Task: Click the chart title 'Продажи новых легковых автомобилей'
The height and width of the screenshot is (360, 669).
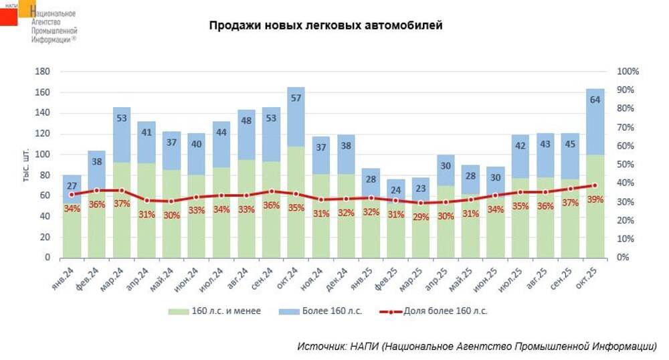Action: point(325,26)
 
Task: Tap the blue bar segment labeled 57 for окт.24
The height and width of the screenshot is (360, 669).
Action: point(296,114)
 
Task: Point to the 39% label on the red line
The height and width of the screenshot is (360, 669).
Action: point(595,199)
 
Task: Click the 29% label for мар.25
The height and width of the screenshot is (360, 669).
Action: point(420,217)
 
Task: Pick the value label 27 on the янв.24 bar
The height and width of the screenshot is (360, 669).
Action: point(72,187)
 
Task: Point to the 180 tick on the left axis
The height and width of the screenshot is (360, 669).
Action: point(42,72)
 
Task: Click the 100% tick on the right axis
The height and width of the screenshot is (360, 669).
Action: point(629,72)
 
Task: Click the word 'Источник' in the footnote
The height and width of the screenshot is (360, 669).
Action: point(320,346)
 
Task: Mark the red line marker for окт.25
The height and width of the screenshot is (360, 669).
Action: point(595,185)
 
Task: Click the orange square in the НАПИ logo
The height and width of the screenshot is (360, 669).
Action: point(27,7)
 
